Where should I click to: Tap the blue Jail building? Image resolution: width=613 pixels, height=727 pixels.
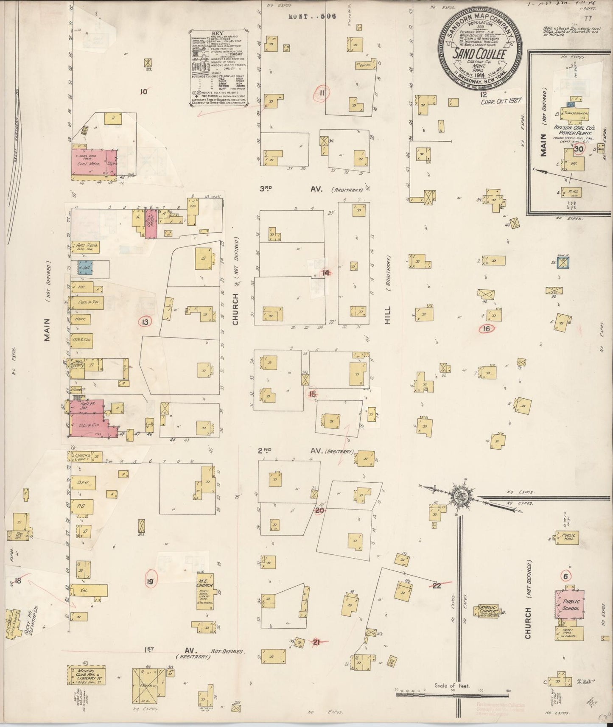click(85, 268)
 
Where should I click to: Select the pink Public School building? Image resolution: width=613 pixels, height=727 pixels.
click(571, 605)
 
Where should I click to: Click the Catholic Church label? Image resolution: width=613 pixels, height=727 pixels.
click(488, 610)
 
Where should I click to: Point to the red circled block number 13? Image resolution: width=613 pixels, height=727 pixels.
click(146, 322)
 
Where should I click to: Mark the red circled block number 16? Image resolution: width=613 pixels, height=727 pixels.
click(486, 328)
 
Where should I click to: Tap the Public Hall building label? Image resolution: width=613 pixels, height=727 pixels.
click(568, 536)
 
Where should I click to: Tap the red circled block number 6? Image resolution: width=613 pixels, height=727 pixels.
click(565, 576)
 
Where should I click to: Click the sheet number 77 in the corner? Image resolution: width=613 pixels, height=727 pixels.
click(588, 18)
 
